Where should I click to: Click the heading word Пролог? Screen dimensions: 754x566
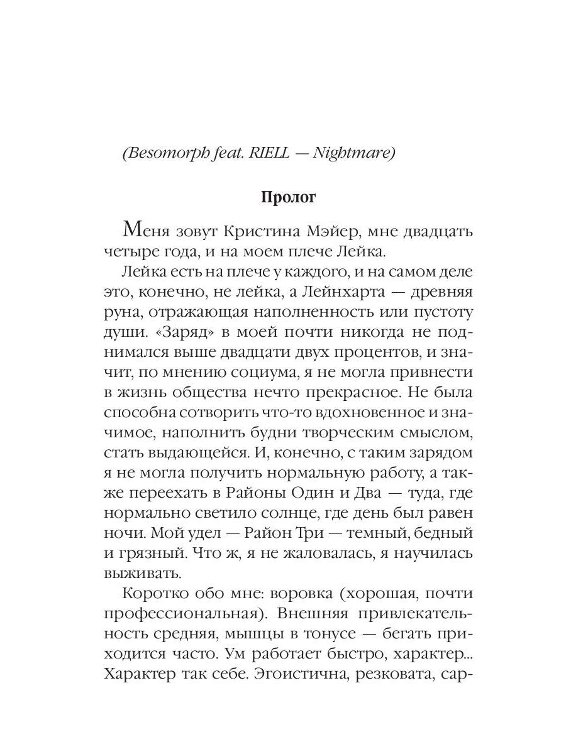[x=288, y=197]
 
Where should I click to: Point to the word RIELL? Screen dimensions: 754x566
[x=269, y=154]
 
